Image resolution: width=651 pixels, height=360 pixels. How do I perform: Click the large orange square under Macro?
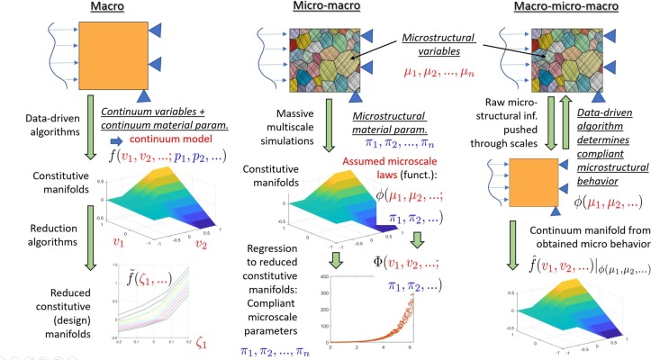tap(112, 61)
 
